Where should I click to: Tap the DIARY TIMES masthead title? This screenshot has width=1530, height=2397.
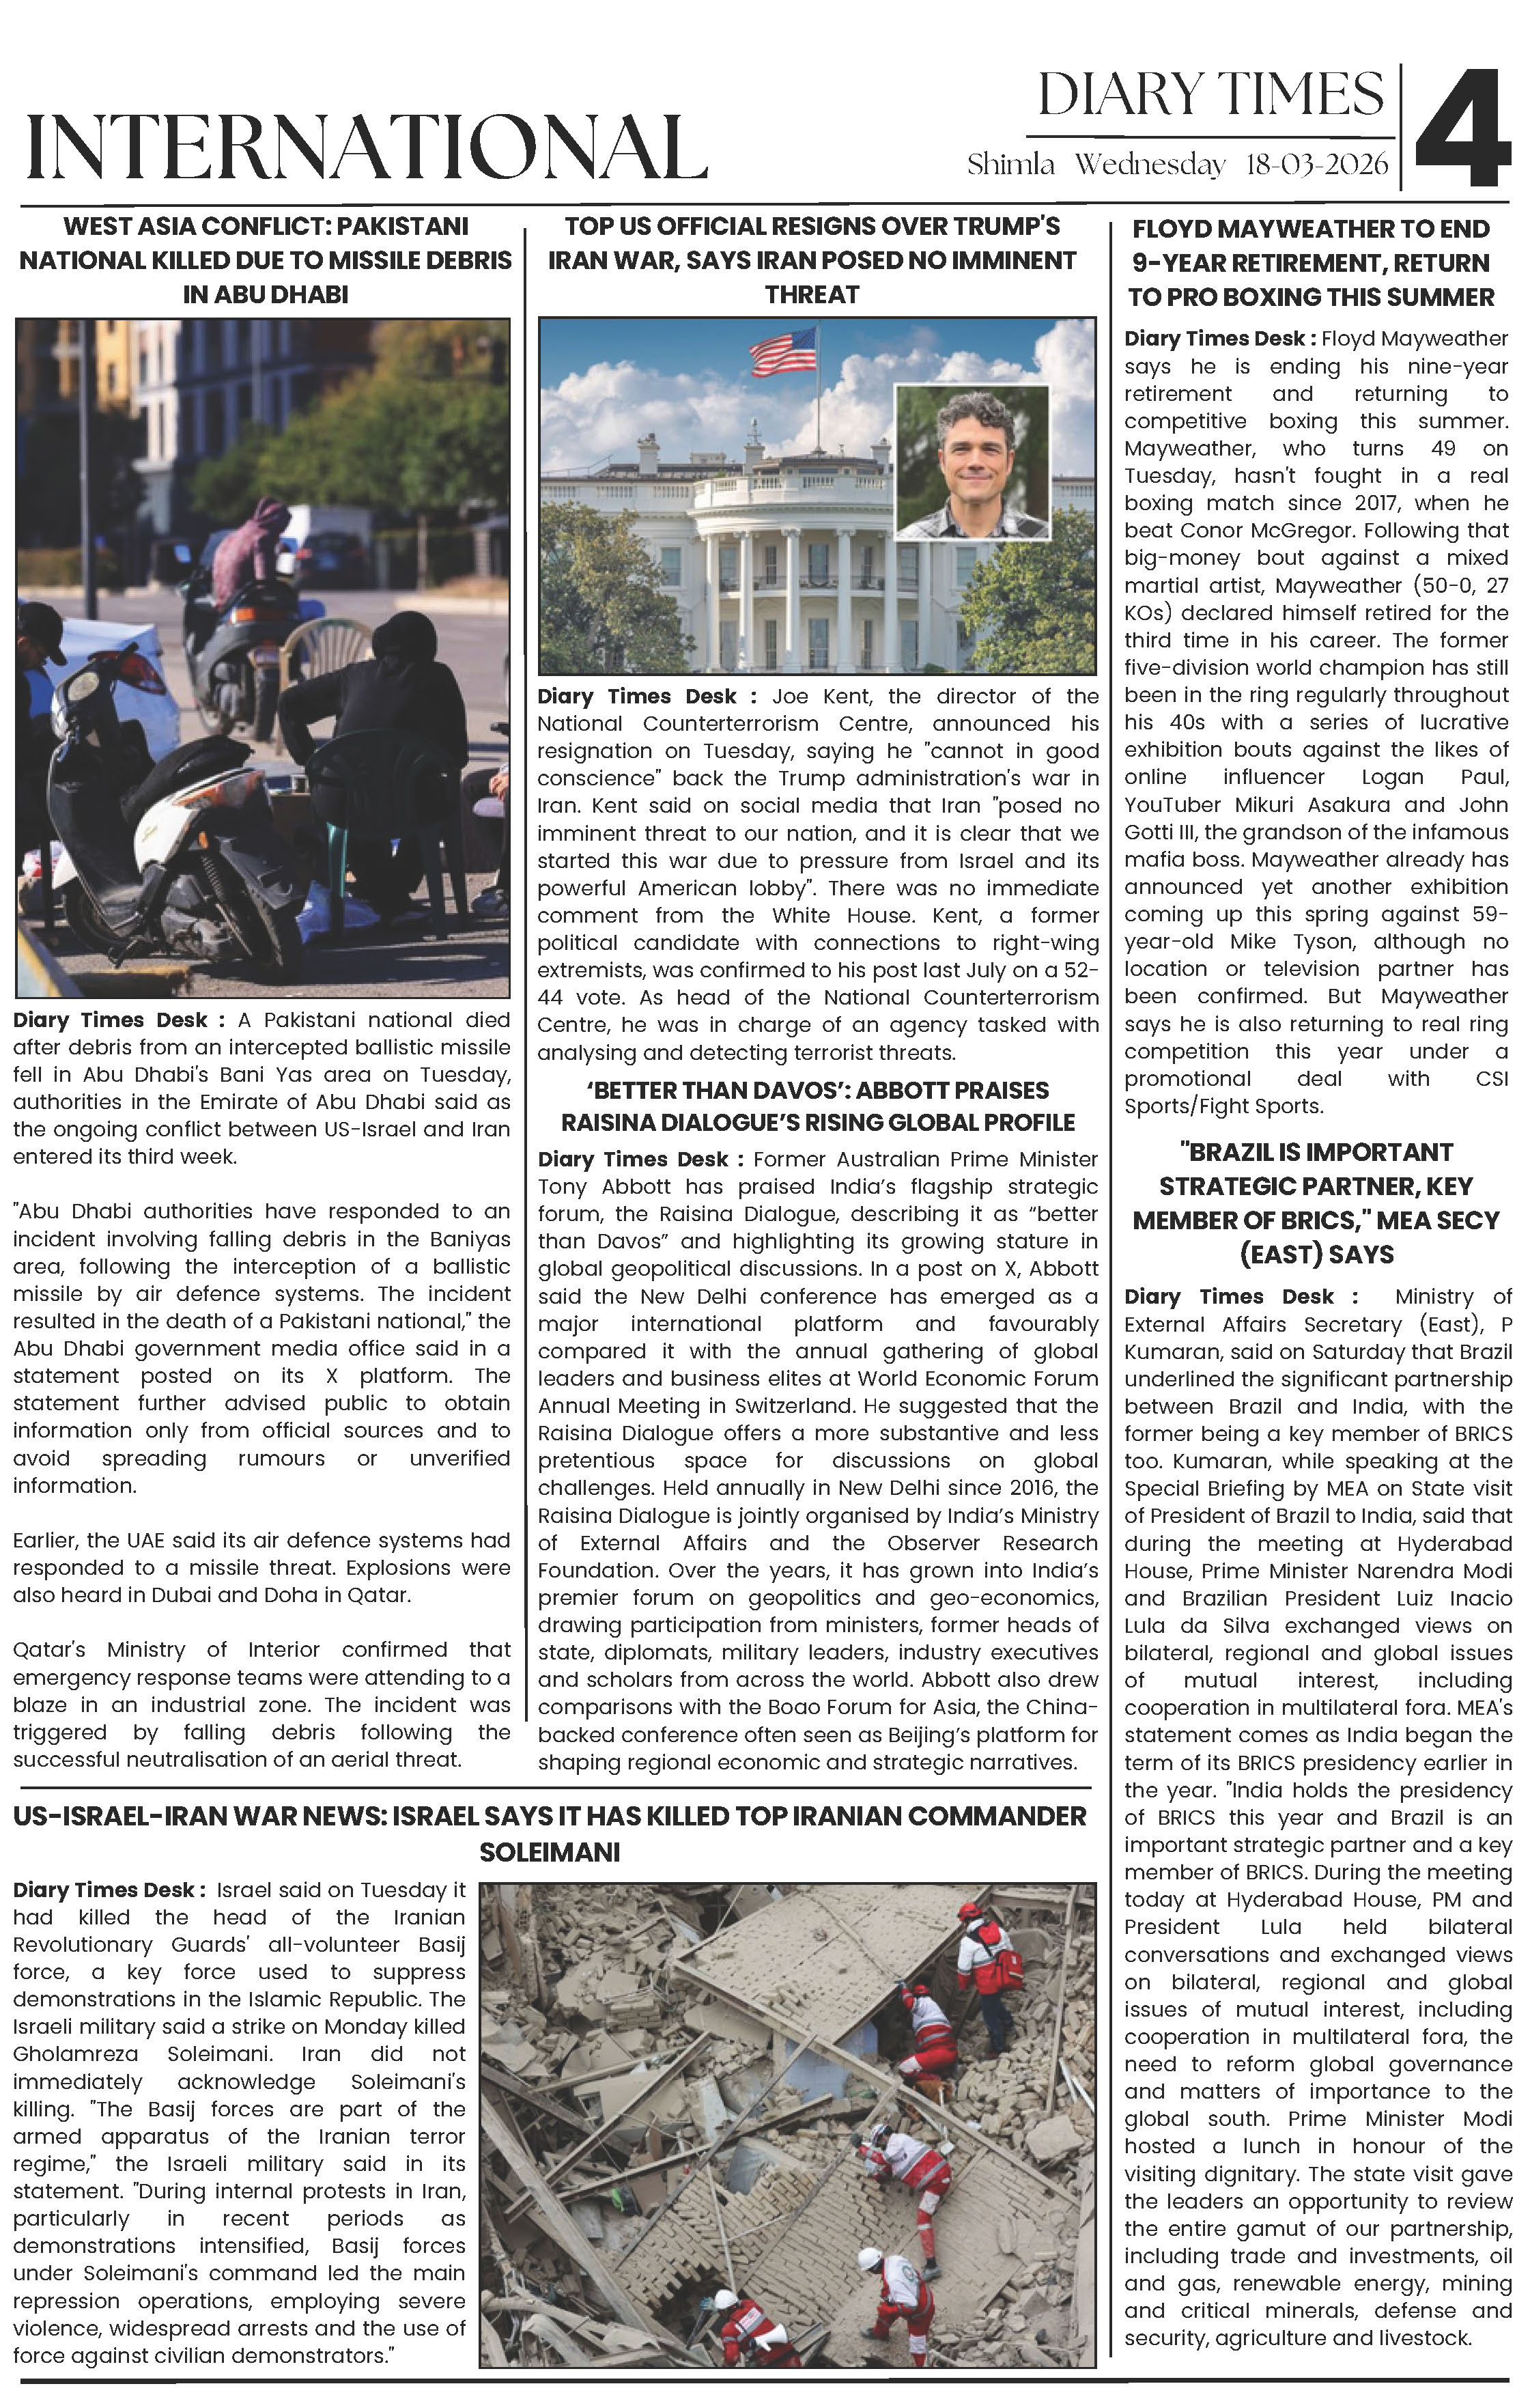(x=1210, y=96)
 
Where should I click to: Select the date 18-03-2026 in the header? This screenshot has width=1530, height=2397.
(x=1316, y=165)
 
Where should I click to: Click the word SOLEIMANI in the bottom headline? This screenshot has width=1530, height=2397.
(x=550, y=1853)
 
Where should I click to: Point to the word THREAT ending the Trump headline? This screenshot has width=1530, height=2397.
(x=811, y=294)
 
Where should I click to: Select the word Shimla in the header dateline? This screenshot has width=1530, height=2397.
(x=1010, y=165)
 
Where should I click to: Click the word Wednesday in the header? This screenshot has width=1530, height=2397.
(x=1150, y=165)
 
